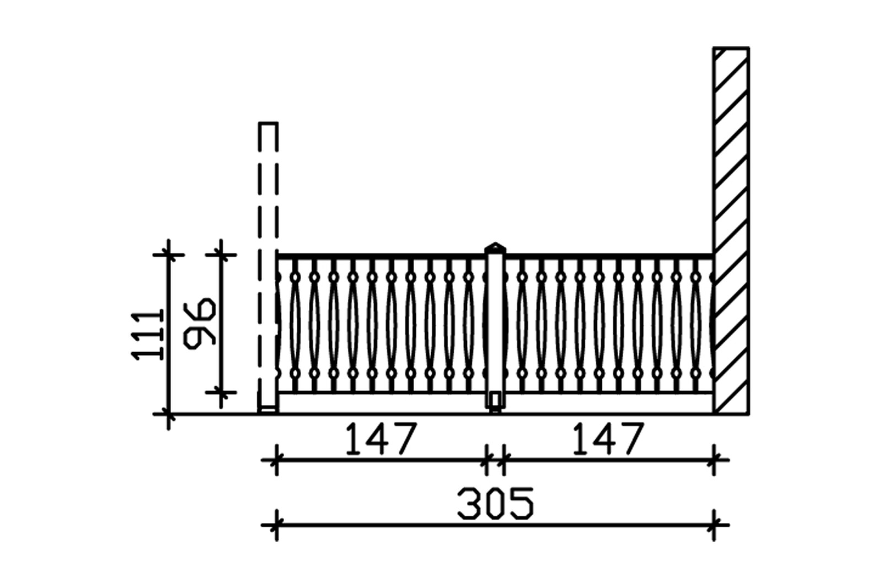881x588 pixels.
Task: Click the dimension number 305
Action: tap(495, 503)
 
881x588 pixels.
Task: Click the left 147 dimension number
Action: tap(380, 439)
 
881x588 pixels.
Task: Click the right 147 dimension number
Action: tap(607, 439)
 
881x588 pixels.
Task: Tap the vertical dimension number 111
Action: tap(148, 335)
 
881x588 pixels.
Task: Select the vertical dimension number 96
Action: tap(200, 323)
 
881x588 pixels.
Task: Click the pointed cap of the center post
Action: tap(495, 247)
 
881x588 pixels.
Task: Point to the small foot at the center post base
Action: tap(495, 409)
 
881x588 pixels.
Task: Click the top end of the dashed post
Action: tap(268, 124)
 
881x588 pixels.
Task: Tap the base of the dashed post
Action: tap(268, 409)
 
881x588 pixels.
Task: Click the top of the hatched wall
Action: tap(731, 50)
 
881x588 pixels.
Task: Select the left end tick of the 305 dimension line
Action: tap(276, 525)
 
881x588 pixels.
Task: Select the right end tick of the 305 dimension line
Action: tap(714, 525)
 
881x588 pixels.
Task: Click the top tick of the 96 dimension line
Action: tap(221, 255)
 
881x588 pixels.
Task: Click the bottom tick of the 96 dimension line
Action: tap(221, 392)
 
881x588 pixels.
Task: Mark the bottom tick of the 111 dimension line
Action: tap(168, 413)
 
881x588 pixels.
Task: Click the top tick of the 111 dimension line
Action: tap(168, 255)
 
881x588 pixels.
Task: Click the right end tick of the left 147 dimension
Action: tap(487, 459)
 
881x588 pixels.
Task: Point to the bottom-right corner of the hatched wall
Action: tap(748, 413)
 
